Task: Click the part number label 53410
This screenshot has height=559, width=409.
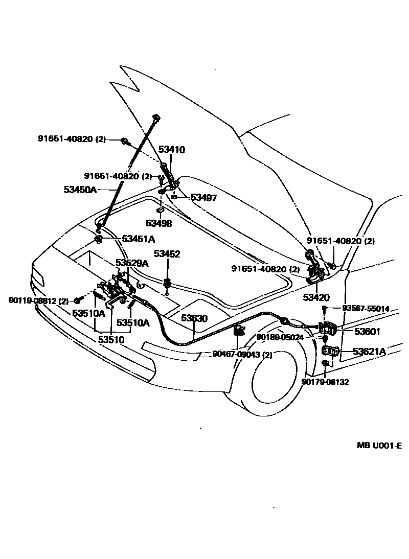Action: click(x=171, y=150)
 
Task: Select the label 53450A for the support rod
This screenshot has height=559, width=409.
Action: click(x=80, y=190)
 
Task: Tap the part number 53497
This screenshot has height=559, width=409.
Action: click(x=204, y=197)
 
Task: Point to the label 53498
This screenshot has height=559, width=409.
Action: click(x=158, y=223)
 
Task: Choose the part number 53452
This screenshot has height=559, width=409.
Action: click(x=167, y=254)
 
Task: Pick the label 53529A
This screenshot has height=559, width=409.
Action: click(x=132, y=263)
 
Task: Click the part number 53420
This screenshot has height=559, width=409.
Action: click(x=316, y=297)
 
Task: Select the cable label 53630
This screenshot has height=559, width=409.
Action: click(x=194, y=318)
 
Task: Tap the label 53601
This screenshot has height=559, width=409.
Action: click(x=368, y=331)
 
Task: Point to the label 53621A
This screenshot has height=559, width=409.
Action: click(x=370, y=351)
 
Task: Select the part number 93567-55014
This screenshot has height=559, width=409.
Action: click(x=366, y=309)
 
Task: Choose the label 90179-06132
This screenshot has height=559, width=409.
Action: click(x=325, y=382)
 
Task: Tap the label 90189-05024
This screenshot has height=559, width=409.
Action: click(x=280, y=337)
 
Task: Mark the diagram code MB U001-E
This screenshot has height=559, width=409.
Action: click(x=379, y=445)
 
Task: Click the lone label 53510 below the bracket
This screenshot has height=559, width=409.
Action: click(x=111, y=339)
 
